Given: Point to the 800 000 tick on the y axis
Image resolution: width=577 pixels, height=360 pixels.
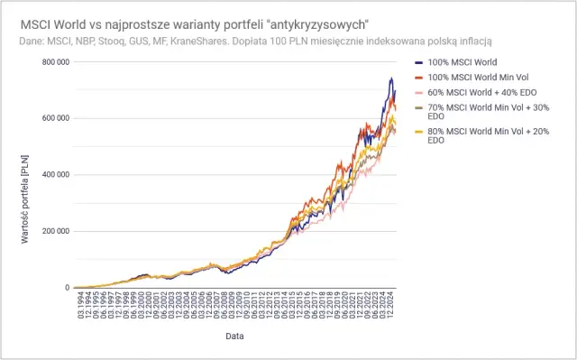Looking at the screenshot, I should (51, 61).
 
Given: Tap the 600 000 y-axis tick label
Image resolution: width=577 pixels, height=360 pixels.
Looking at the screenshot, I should (51, 118).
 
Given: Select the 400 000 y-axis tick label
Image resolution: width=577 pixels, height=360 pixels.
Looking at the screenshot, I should (51, 175).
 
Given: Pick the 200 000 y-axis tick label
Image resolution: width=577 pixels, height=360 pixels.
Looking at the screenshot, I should (51, 231).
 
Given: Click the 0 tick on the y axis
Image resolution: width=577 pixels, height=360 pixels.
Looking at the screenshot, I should (66, 288).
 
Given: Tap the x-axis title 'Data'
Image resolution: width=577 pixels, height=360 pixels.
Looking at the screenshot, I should (235, 336).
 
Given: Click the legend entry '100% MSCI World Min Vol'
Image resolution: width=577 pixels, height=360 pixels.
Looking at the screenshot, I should (469, 78).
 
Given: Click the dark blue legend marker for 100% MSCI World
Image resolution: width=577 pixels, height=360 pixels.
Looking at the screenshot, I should (419, 62).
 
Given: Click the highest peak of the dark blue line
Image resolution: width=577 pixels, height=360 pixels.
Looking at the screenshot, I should (391, 78).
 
